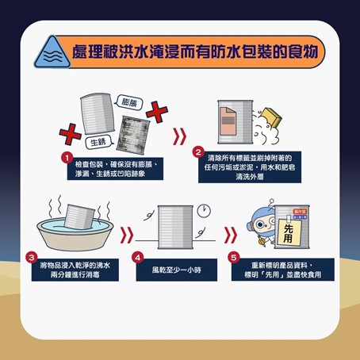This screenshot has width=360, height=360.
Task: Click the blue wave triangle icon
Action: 52,53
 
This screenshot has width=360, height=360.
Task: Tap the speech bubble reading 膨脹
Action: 129,102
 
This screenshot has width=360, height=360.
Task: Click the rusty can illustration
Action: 133,135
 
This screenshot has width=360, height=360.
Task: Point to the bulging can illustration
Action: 98,113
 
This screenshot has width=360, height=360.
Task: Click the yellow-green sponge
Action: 271,117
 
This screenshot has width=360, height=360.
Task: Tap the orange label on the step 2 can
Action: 228,121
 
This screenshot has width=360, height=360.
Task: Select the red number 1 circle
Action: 67,158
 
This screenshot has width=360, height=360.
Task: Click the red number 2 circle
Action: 198,152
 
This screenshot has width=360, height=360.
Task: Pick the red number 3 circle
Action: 32,257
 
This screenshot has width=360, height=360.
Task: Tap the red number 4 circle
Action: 138,258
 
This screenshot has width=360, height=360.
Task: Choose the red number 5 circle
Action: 234,258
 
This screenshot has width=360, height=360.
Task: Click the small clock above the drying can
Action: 204,211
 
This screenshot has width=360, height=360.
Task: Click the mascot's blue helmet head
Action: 260,222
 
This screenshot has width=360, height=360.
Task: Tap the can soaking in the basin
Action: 79,216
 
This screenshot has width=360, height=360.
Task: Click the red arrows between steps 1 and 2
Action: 179,136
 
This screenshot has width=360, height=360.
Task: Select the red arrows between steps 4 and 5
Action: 231,235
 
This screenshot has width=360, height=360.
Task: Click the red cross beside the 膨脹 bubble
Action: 157,112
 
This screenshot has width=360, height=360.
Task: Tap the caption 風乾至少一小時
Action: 177,270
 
